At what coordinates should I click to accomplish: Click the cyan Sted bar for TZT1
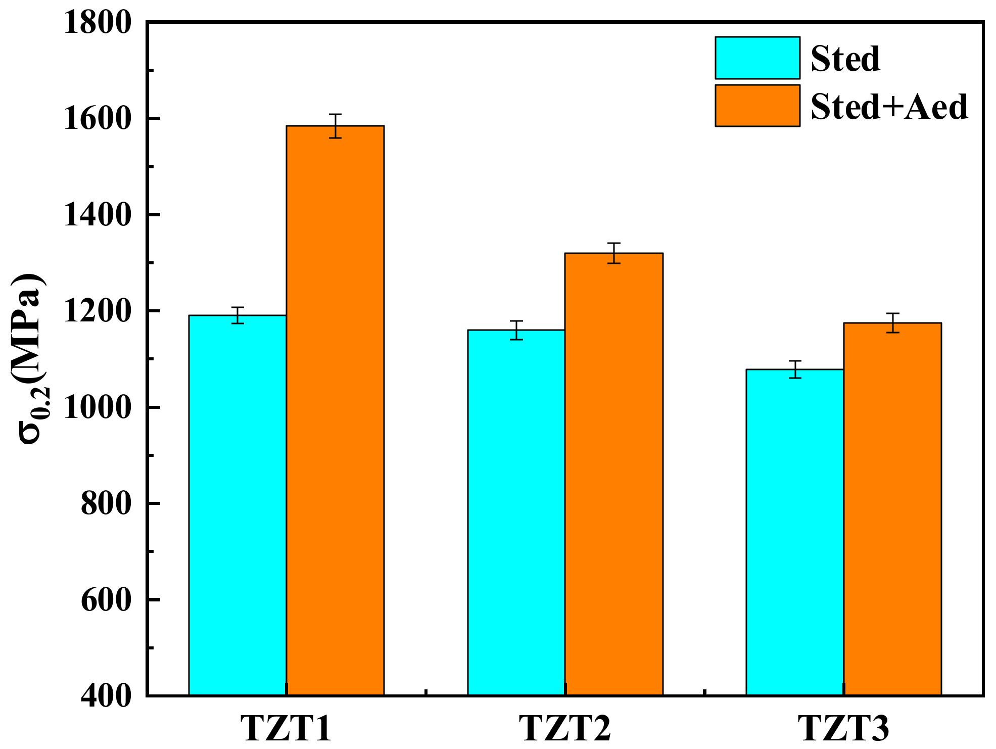point(238,505)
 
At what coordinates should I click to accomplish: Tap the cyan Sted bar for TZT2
point(516,512)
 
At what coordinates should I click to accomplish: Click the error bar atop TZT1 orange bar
point(335,126)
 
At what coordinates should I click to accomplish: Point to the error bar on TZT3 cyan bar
point(795,369)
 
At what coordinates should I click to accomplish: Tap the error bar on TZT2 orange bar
point(614,253)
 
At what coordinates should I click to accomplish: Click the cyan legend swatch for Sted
point(757,58)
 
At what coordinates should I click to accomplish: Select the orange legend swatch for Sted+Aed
point(757,106)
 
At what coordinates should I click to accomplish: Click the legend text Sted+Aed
point(889,107)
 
